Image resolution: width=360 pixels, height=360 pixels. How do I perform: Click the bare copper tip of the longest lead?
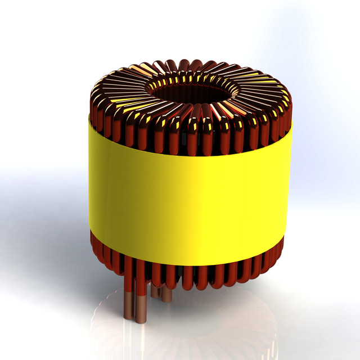tap(141, 312)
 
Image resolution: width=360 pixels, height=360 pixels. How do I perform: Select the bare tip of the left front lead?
tap(129, 307)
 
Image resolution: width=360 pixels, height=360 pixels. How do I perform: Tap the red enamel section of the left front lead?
tap(129, 276)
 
